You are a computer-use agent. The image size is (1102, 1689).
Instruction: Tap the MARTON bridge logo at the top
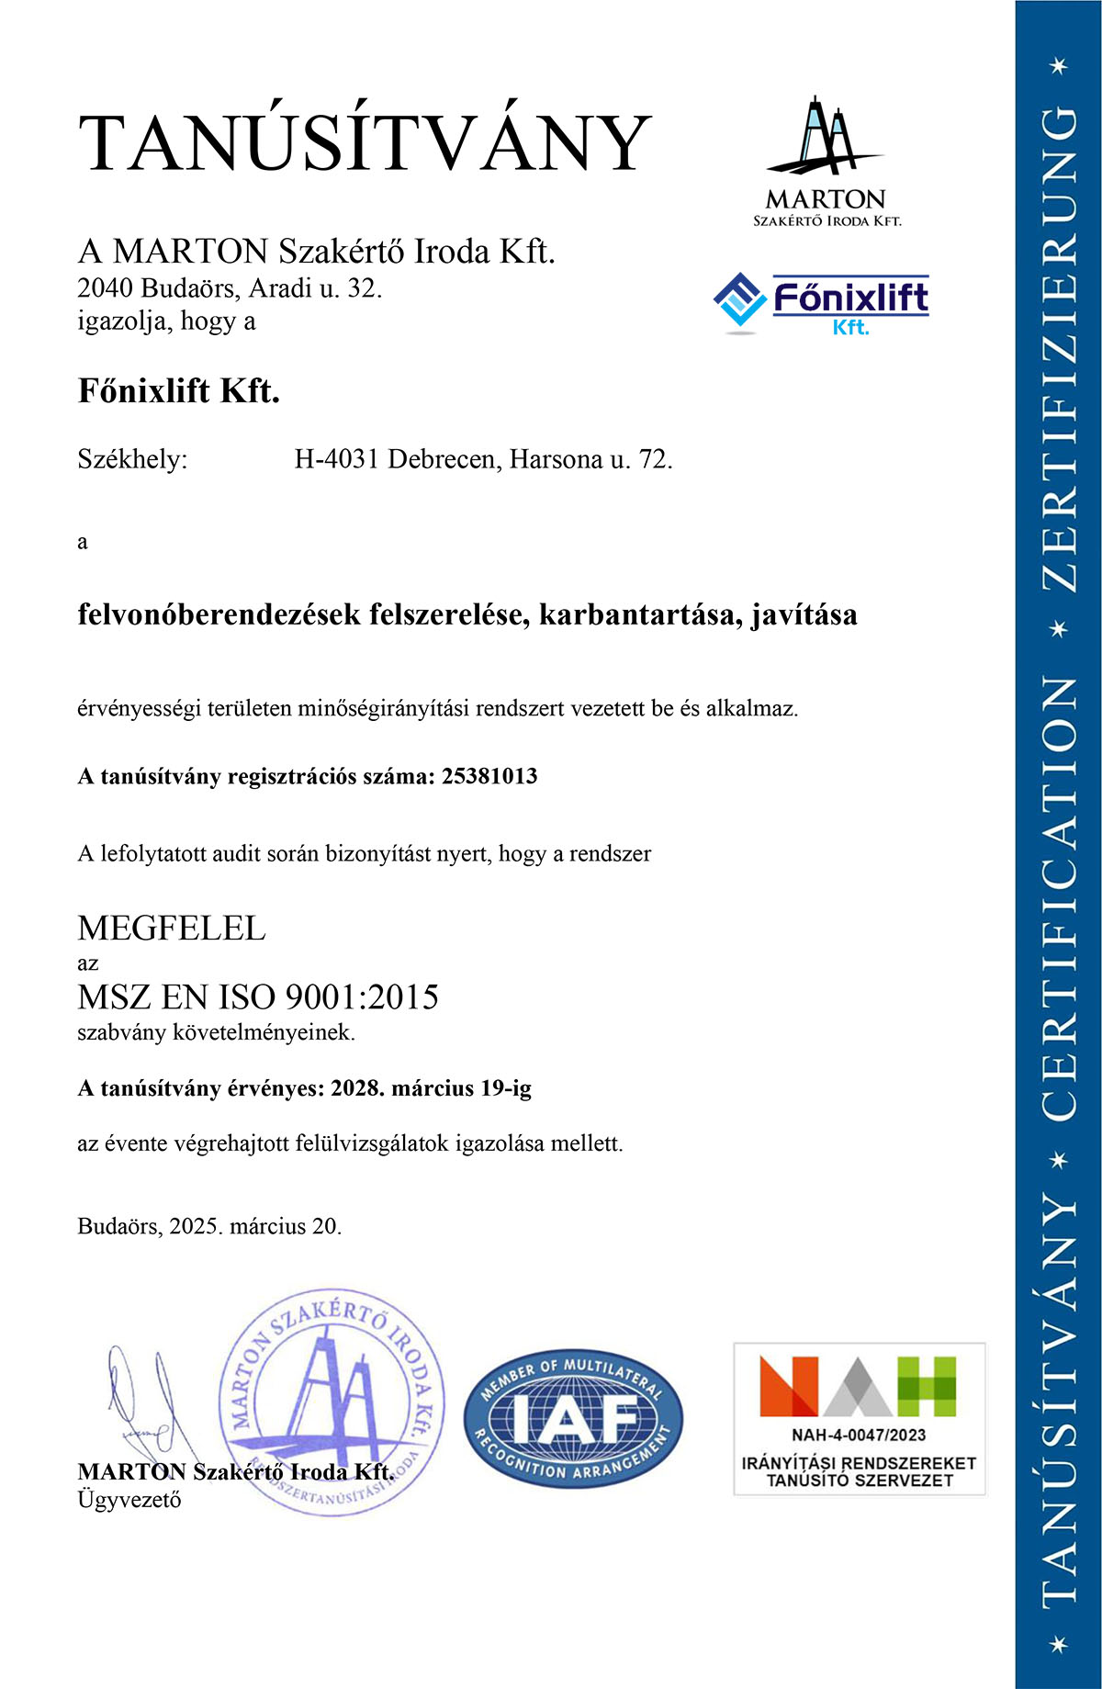pyautogui.click(x=826, y=161)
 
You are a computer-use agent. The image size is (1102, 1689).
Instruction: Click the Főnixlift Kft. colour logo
pyautogui.click(x=821, y=304)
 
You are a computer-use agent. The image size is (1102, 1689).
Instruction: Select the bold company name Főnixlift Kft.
pyautogui.click(x=179, y=391)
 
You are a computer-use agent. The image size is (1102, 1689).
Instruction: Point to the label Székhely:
pyautogui.click(x=132, y=459)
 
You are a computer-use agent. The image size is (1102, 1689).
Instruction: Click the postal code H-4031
pyautogui.click(x=336, y=459)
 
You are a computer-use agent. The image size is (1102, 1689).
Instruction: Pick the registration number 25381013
pyautogui.click(x=489, y=776)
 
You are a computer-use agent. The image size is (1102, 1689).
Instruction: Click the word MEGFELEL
pyautogui.click(x=172, y=929)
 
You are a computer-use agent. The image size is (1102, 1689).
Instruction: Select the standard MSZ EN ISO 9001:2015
pyautogui.click(x=258, y=997)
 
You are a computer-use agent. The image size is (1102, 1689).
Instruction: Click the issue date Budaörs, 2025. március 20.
pyautogui.click(x=209, y=1226)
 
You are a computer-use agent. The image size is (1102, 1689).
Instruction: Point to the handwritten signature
pyautogui.click(x=147, y=1396)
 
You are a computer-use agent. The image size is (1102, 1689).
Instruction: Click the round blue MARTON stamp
pyautogui.click(x=332, y=1401)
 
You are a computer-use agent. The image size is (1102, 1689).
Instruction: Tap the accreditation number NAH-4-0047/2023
pyautogui.click(x=859, y=1435)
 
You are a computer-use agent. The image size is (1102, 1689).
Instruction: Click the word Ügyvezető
pyautogui.click(x=129, y=1500)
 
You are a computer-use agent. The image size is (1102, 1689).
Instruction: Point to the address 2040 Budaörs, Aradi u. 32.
pyautogui.click(x=230, y=288)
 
